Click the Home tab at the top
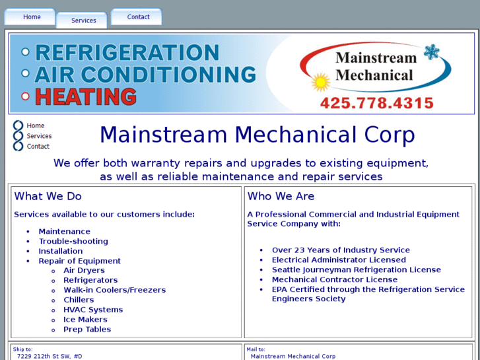(32, 17)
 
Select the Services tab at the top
(84, 20)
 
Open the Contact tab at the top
(138, 17)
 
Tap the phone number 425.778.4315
(376, 103)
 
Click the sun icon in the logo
(321, 83)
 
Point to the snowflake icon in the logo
(432, 53)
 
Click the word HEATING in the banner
(85, 96)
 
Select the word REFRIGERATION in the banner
(127, 53)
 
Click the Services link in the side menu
(39, 136)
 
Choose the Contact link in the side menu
(38, 147)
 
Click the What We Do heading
(48, 196)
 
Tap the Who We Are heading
(281, 196)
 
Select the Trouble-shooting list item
(73, 241)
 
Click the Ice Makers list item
(85, 320)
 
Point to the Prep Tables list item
(87, 330)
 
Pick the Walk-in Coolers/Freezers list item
(114, 290)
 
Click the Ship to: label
(22, 349)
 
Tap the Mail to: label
(256, 349)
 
